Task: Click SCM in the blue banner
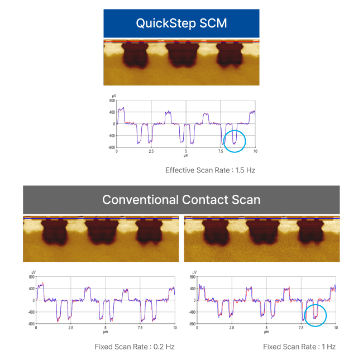214,23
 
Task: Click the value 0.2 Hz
165,347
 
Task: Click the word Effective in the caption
179,170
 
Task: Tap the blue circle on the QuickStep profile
234,141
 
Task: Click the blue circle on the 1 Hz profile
316,315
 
